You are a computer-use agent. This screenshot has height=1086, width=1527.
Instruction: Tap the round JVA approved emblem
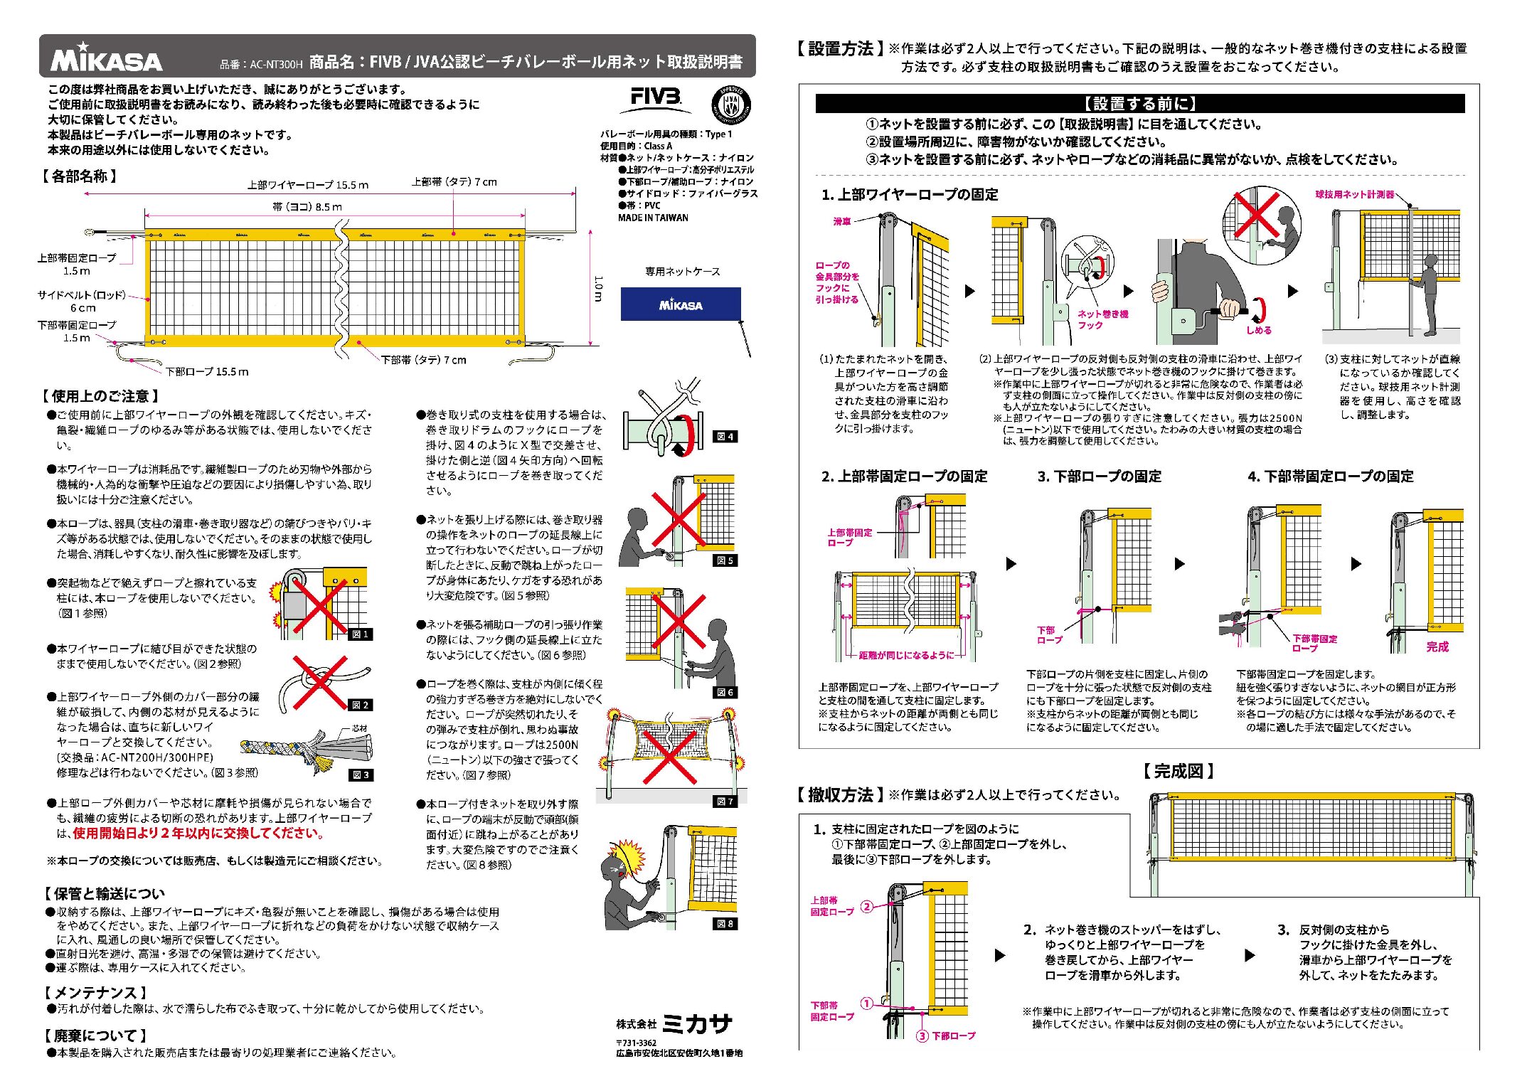coord(730,105)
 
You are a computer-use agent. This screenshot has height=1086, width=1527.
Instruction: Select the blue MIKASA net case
coord(681,304)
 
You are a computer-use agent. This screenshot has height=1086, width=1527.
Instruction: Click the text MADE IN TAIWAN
coord(653,218)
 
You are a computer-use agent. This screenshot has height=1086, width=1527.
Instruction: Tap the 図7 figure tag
coord(724,801)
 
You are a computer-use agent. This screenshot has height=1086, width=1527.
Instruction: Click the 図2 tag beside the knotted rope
coord(360,705)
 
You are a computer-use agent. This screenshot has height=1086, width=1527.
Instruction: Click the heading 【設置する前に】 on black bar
coord(1139,104)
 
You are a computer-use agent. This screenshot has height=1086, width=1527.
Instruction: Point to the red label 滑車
coord(842,221)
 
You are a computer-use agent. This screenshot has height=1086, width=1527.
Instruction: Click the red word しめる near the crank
coord(1258,330)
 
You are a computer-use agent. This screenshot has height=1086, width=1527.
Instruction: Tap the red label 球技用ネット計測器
coord(1354,194)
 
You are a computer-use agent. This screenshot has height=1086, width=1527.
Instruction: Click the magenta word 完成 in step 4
coord(1437,646)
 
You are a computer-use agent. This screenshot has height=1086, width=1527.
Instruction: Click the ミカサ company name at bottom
coord(697,1024)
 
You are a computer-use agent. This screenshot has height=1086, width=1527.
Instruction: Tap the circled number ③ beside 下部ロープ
coord(922,1036)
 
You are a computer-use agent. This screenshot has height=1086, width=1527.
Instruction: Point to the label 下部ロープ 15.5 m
coord(207,371)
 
